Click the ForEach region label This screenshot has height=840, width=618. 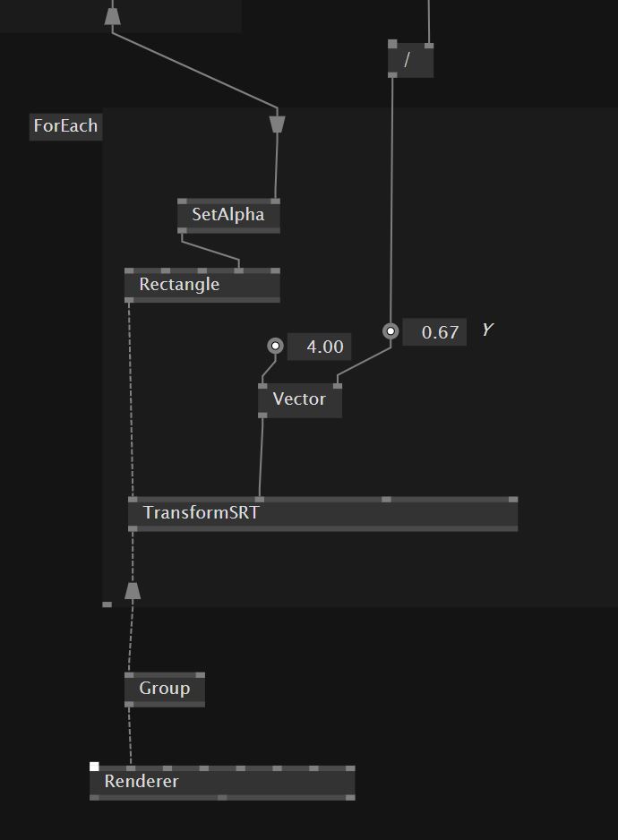64,126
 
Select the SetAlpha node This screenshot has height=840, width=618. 228,216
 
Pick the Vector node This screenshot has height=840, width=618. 299,399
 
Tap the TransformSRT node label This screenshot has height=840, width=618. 201,513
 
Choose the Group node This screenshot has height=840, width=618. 164,689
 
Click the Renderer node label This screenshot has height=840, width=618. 142,781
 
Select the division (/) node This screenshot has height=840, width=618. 410,60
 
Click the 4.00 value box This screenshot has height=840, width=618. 320,347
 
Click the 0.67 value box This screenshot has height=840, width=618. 435,332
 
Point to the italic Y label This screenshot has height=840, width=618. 487,330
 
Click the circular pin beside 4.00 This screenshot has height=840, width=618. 276,346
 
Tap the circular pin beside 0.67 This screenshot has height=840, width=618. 391,331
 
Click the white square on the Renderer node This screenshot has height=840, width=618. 94,767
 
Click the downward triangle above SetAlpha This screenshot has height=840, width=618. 277,123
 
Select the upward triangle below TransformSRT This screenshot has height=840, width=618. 133,590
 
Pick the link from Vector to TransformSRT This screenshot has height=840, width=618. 262,457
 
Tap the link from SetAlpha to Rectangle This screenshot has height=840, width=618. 210,251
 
